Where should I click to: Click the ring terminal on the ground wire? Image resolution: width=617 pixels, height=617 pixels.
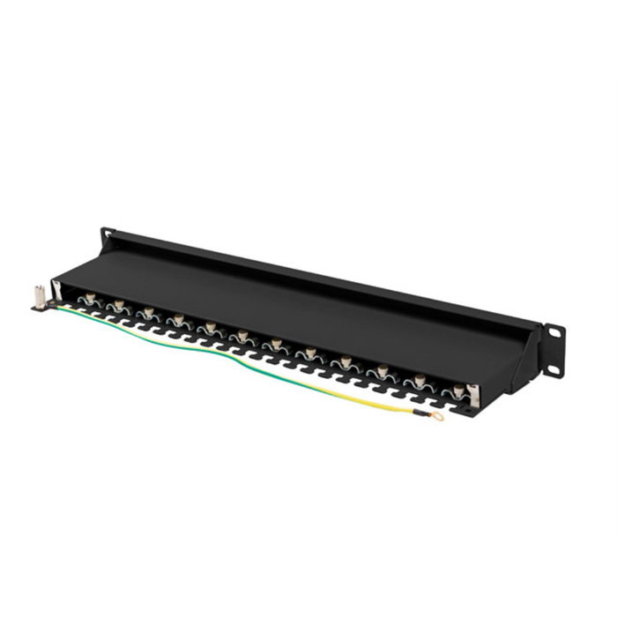coord(438,415)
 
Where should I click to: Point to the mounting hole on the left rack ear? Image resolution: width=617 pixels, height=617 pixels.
coord(108,234)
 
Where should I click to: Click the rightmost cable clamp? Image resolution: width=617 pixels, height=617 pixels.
coord(458,388)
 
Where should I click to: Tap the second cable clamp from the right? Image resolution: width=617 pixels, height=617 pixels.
coord(420,379)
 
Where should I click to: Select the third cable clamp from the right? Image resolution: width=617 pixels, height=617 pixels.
coord(382,370)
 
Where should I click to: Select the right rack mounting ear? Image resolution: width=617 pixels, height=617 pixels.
coord(554,350)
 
